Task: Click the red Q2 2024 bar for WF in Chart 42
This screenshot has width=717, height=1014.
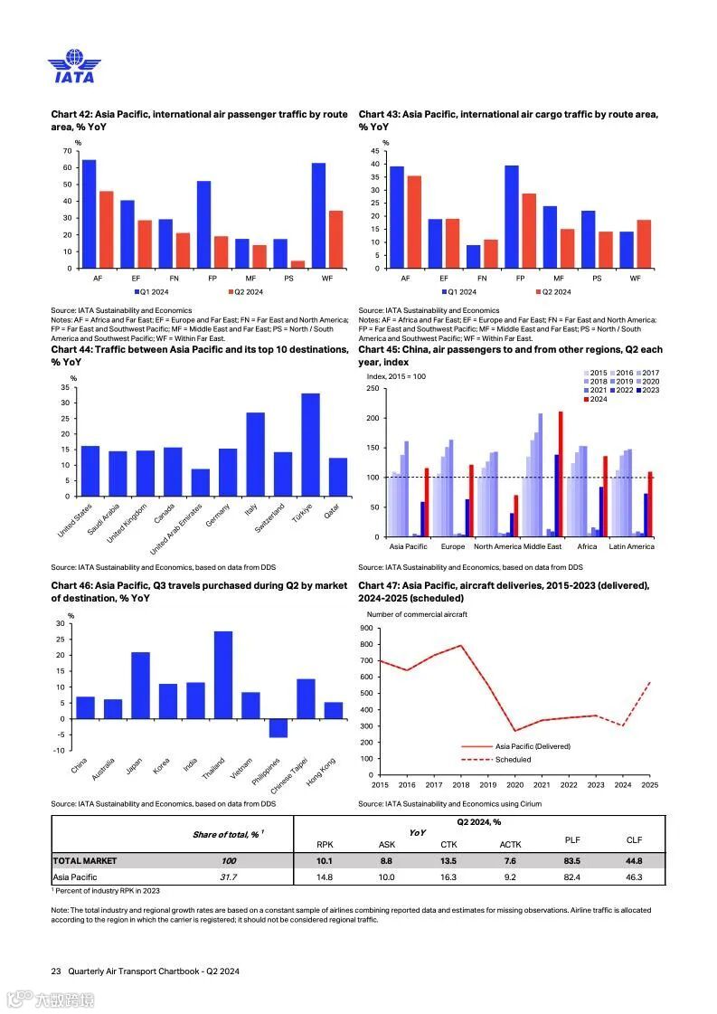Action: point(335,240)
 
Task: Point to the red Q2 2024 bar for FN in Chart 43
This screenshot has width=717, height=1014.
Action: point(491,254)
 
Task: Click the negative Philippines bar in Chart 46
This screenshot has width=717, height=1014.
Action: point(278,728)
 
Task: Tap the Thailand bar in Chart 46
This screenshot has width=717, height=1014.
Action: point(222,675)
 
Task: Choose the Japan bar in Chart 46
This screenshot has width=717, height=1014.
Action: point(140,686)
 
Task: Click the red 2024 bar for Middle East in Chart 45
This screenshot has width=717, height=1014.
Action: point(561,474)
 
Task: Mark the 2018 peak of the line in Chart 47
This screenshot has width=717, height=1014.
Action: point(460,645)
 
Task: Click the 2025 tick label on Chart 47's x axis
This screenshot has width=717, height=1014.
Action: point(649,785)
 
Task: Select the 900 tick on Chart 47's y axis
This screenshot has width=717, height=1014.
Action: point(366,628)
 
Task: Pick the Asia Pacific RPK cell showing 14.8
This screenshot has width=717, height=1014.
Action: point(325,877)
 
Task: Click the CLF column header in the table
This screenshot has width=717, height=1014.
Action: point(634,840)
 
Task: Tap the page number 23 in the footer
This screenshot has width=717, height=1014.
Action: point(56,971)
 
